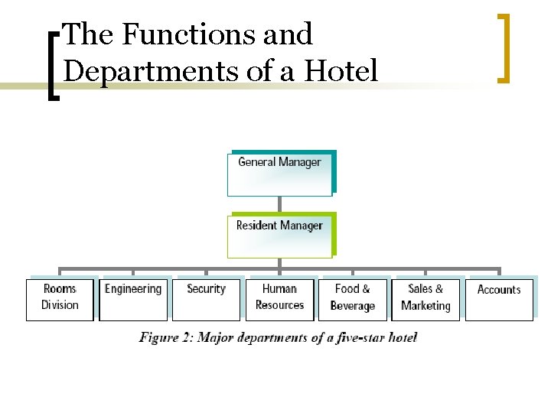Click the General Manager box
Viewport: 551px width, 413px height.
point(279,173)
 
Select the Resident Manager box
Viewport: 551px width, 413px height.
point(279,236)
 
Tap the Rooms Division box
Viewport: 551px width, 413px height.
point(60,299)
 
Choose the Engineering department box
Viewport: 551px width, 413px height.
point(133,299)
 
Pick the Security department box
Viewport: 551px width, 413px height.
point(206,299)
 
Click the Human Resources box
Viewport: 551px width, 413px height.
point(279,299)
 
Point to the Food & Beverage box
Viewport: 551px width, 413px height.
point(353,299)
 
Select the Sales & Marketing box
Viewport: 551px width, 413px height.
point(425,299)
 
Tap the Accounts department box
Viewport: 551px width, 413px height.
point(499,299)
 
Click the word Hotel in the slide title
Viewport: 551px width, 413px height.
point(341,71)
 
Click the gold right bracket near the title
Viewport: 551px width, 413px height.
point(503,47)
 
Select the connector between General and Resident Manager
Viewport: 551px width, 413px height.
point(280,204)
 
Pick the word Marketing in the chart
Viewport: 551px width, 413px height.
point(425,306)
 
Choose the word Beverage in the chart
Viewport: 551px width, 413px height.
point(353,306)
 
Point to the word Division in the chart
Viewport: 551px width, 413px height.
point(60,305)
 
